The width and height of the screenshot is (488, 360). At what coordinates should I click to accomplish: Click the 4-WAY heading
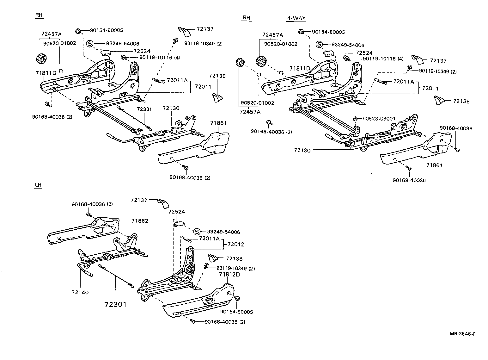pyautogui.click(x=296, y=18)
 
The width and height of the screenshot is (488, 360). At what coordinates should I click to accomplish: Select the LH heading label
pyautogui.click(x=38, y=185)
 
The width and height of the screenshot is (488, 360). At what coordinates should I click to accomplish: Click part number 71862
pyautogui.click(x=140, y=221)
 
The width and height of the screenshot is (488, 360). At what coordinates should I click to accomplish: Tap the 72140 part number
pyautogui.click(x=80, y=292)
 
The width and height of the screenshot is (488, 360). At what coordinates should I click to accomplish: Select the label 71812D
pyautogui.click(x=229, y=274)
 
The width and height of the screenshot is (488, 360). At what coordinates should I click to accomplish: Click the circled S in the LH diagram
pyautogui.click(x=197, y=232)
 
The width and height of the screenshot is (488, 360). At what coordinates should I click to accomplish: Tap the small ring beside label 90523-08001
pyautogui.click(x=355, y=119)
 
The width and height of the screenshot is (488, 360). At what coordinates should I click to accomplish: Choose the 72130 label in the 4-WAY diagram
pyautogui.click(x=302, y=151)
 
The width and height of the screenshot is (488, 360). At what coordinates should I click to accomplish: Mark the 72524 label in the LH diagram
pyautogui.click(x=177, y=212)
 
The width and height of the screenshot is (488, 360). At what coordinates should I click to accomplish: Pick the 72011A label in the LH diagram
pyautogui.click(x=209, y=239)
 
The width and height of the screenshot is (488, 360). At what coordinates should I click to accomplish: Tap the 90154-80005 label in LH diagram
pyautogui.click(x=237, y=312)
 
